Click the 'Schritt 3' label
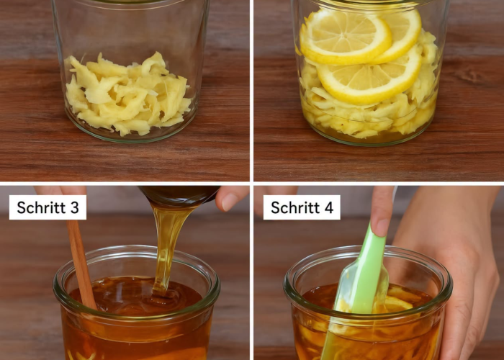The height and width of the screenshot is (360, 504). point(48,207)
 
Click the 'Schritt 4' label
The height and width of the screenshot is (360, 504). point(302,207)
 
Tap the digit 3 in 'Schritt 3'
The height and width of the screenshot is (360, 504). point(75,207)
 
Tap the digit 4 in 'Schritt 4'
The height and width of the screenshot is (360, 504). point(329,207)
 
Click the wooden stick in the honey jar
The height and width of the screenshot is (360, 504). point(81,264)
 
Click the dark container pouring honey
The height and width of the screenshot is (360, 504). point(179,195)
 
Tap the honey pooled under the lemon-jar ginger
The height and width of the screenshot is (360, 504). point(369,135)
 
